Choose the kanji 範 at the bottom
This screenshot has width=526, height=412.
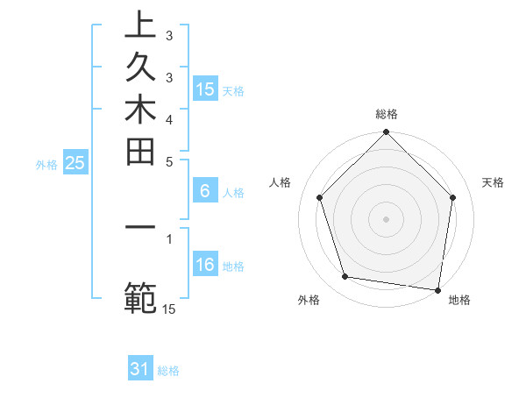[140, 297]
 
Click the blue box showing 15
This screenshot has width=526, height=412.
[205, 89]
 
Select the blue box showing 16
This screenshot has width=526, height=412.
[205, 266]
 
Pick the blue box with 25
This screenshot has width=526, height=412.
[75, 162]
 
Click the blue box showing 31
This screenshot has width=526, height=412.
[140, 369]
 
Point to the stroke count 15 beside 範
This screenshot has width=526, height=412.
[169, 309]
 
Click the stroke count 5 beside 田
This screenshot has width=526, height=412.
[169, 161]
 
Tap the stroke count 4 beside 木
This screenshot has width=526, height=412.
[169, 118]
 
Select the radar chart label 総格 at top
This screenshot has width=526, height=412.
[387, 114]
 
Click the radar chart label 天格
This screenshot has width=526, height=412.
[494, 182]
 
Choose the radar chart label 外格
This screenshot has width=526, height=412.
[309, 300]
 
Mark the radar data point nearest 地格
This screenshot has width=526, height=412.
[437, 289]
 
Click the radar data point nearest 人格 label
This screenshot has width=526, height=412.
[320, 197]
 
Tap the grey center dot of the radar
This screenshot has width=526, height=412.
[387, 218]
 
